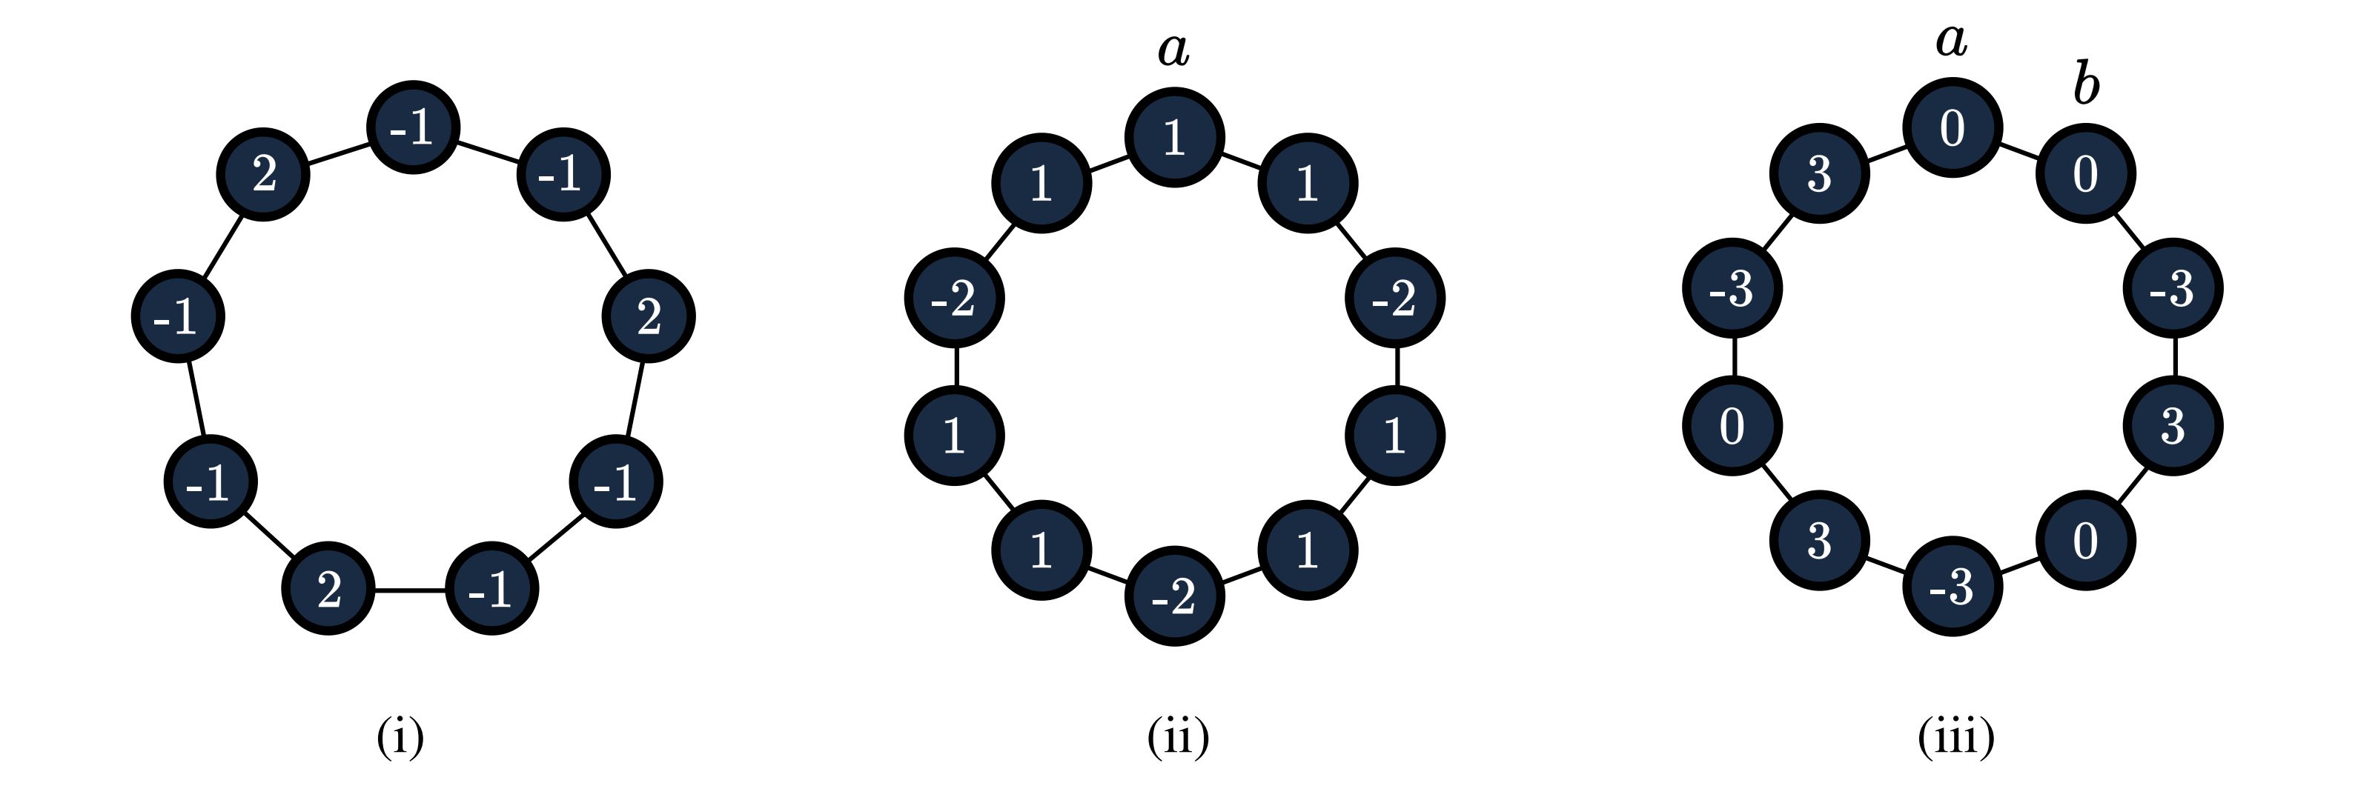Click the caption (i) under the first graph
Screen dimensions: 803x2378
[x=400, y=738]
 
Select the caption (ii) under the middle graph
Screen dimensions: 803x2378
[x=1178, y=738]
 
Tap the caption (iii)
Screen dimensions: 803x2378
[x=1956, y=738]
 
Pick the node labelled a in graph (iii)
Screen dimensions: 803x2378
[x=1953, y=128]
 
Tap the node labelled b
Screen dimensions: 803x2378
[x=2085, y=173]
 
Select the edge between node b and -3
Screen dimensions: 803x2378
[x=2130, y=230]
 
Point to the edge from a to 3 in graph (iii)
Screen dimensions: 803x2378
[x=1886, y=151]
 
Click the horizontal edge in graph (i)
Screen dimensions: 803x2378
[x=409, y=590]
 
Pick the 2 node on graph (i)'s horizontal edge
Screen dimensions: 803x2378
[x=328, y=589]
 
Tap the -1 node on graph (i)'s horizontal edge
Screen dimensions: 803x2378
[x=491, y=589]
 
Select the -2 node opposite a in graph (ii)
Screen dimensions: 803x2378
[x=1174, y=597]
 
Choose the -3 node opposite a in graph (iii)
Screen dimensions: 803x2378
[x=1953, y=587]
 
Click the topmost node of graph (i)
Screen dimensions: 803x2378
[x=413, y=127]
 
